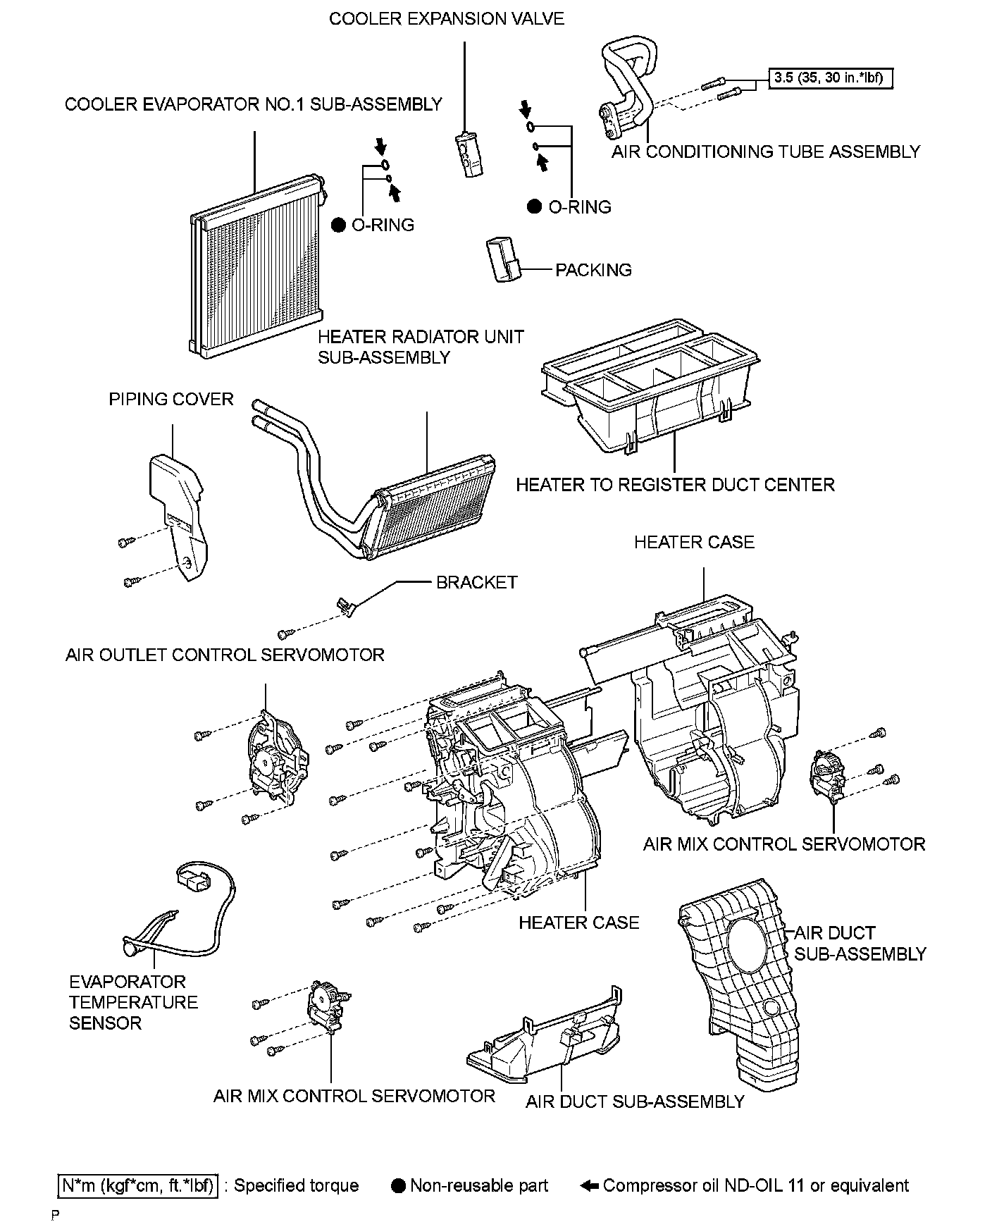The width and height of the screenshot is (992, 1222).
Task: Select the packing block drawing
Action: click(502, 259)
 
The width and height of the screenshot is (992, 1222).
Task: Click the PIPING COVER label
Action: click(170, 400)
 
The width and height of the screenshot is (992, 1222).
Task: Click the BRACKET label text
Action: click(476, 583)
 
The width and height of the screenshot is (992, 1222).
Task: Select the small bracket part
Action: click(345, 605)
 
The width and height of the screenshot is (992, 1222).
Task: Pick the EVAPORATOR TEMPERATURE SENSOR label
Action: click(132, 1002)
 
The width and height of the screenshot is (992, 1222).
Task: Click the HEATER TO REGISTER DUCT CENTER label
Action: click(674, 485)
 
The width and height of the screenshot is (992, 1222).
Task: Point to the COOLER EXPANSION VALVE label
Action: click(446, 19)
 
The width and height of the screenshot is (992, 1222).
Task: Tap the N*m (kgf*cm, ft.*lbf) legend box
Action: click(138, 1185)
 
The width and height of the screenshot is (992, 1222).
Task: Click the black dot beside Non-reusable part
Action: click(398, 1186)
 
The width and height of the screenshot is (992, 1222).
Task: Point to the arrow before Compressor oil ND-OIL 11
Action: click(589, 1186)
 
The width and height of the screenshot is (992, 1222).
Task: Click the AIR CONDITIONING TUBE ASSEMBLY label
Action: click(765, 152)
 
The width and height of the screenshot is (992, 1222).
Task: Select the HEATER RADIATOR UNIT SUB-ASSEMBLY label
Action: click(421, 347)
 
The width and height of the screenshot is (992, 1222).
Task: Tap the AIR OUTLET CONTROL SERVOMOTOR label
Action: click(225, 655)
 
